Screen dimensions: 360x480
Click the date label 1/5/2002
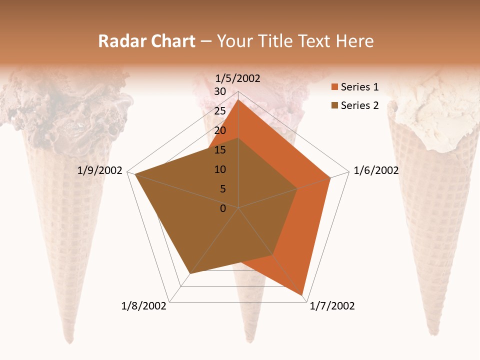(x=238, y=78)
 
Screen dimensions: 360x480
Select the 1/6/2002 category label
(x=376, y=170)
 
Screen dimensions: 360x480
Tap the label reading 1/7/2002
(x=332, y=306)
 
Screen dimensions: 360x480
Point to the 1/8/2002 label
(x=144, y=306)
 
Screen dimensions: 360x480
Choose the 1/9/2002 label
(x=100, y=170)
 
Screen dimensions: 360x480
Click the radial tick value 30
(x=220, y=91)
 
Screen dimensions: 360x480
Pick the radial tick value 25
(x=220, y=111)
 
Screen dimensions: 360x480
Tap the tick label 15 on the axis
(x=220, y=150)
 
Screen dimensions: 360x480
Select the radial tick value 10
(x=220, y=169)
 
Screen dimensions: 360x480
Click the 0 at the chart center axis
(x=223, y=208)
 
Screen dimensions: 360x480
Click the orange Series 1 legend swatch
(x=334, y=87)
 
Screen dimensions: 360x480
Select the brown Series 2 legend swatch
(x=334, y=105)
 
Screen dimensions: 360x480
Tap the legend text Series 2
(x=359, y=105)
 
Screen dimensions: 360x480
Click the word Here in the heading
(x=354, y=41)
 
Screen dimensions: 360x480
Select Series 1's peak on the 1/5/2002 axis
(x=238, y=99)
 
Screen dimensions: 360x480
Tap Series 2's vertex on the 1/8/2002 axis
(x=190, y=274)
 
